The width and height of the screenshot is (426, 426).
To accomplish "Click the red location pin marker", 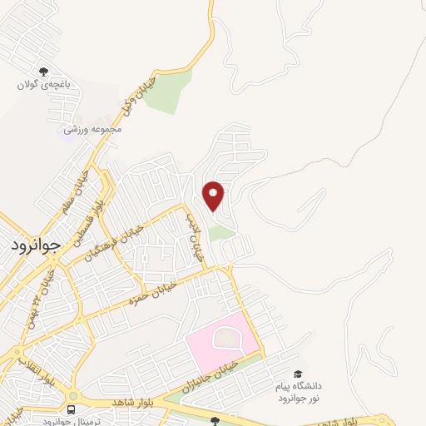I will click(214, 195).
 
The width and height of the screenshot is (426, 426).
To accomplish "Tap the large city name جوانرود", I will click(37, 246).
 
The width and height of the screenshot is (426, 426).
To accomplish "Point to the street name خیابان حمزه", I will click(153, 290).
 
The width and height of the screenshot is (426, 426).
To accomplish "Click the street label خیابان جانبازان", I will click(216, 373).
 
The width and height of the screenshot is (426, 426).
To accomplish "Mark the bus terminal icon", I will click(71, 410).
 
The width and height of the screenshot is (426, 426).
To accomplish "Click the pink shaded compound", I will click(220, 341).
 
